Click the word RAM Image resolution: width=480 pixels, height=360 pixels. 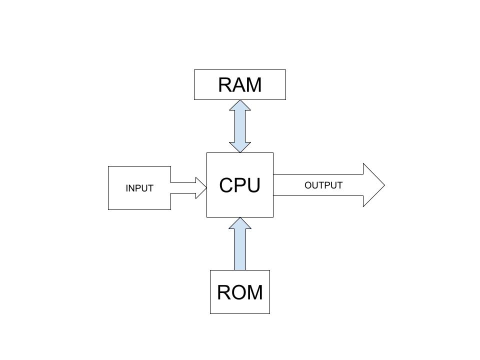point(240,85)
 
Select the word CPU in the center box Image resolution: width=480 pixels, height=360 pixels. point(240,185)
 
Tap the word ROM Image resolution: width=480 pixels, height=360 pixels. point(240,292)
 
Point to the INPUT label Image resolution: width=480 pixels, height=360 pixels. point(139,188)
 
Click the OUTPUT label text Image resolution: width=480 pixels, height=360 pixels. point(323,185)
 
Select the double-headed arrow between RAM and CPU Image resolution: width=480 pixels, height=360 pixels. point(240,126)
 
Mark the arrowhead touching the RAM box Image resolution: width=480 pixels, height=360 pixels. point(240,105)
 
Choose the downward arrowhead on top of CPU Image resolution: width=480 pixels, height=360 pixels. point(240,147)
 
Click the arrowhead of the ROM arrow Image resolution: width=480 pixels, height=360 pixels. point(240,223)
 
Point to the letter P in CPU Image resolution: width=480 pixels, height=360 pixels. point(240,185)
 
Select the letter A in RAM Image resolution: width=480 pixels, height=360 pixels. point(239,85)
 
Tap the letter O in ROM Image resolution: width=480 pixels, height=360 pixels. point(239,292)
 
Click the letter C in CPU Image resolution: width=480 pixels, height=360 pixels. point(226,185)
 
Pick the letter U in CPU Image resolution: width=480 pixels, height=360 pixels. point(253,185)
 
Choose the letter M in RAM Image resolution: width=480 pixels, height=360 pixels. point(254,85)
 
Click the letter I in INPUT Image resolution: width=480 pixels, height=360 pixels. point(127,188)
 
